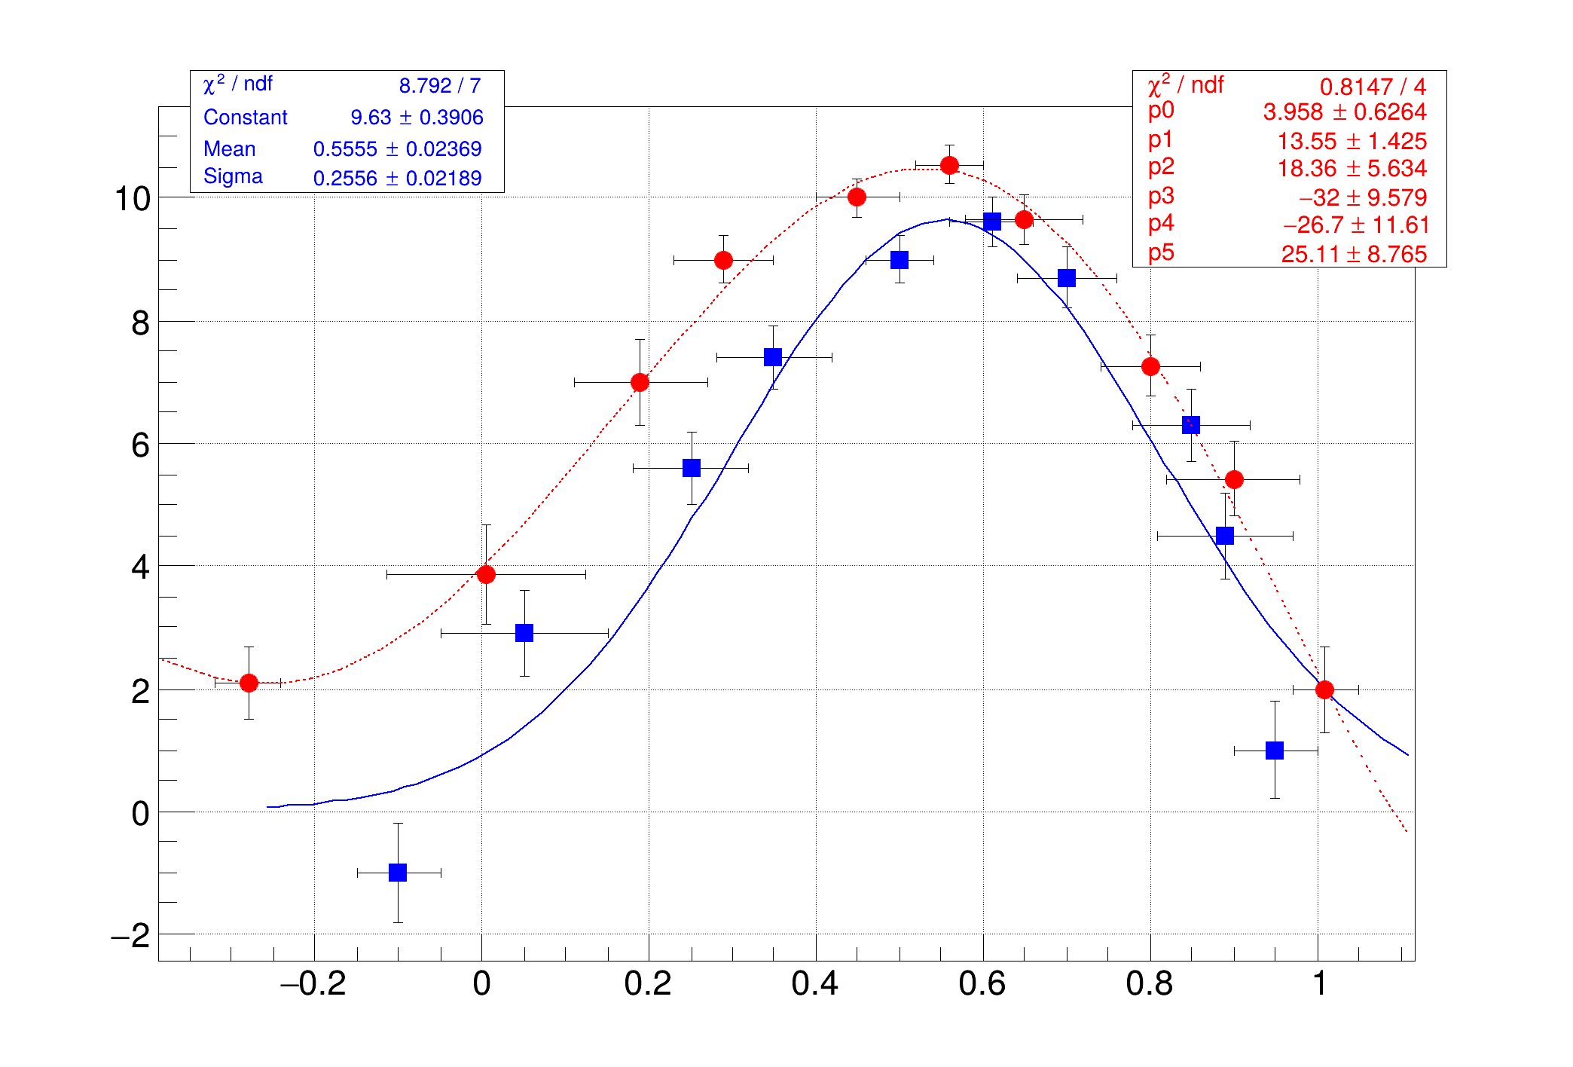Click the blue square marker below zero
tap(398, 873)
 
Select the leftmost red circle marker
tap(249, 683)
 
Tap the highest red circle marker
tap(949, 165)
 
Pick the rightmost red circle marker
tap(1324, 689)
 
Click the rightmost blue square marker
tap(1275, 751)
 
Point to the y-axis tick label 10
tap(133, 200)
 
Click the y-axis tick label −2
tap(130, 937)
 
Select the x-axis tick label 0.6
tap(982, 984)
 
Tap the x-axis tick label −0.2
tap(313, 984)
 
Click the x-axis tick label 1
tap(1319, 984)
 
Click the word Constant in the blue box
tap(246, 118)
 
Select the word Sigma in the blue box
tap(233, 176)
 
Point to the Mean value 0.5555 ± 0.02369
tap(397, 149)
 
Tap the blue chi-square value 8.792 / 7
tap(440, 86)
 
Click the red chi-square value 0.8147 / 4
tap(1373, 87)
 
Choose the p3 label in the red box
tap(1161, 196)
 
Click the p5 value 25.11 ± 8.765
tap(1354, 255)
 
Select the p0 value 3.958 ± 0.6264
tap(1345, 112)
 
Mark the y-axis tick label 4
tap(140, 567)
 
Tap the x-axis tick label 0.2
tap(648, 984)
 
